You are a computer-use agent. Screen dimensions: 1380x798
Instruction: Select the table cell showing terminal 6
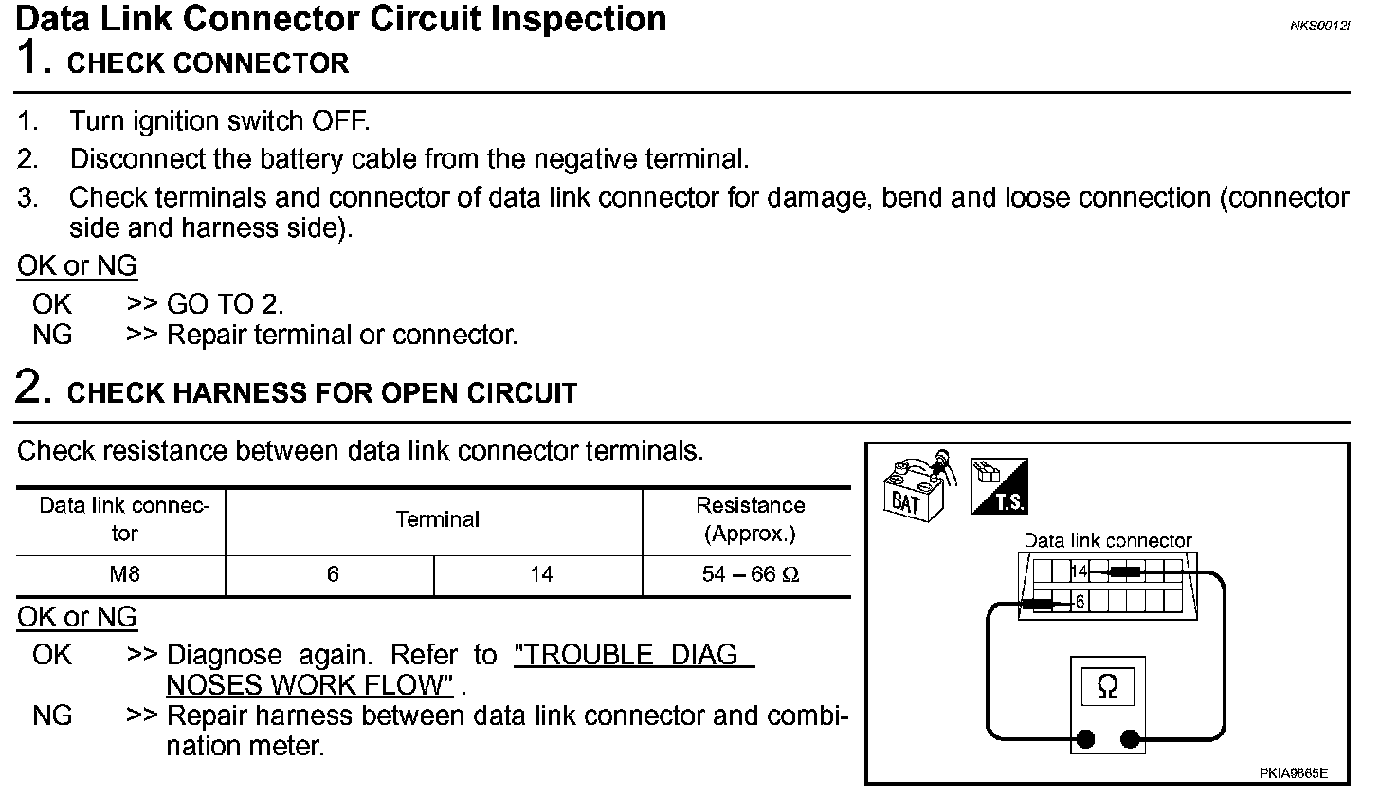(332, 575)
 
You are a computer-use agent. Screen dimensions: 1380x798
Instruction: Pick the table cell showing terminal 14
(541, 575)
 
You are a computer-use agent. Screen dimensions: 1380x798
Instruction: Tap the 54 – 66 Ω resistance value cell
(750, 575)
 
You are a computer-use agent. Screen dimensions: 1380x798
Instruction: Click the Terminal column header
(437, 519)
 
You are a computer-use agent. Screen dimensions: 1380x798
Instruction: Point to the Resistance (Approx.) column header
(750, 519)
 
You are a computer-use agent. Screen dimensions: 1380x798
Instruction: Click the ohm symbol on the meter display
(1107, 687)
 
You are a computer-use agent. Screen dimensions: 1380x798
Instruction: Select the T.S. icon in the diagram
(1000, 486)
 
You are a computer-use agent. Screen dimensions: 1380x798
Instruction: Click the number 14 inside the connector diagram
(1079, 571)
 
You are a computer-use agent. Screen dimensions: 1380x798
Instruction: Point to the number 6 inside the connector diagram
(1080, 602)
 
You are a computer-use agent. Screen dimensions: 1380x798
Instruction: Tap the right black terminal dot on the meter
(1129, 738)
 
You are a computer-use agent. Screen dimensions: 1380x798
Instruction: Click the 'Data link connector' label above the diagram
(1107, 541)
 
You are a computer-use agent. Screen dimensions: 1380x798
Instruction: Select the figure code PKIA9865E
(1293, 773)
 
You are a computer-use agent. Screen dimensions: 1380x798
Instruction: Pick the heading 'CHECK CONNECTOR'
(209, 63)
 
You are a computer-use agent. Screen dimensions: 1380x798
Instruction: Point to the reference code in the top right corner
(1318, 25)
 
